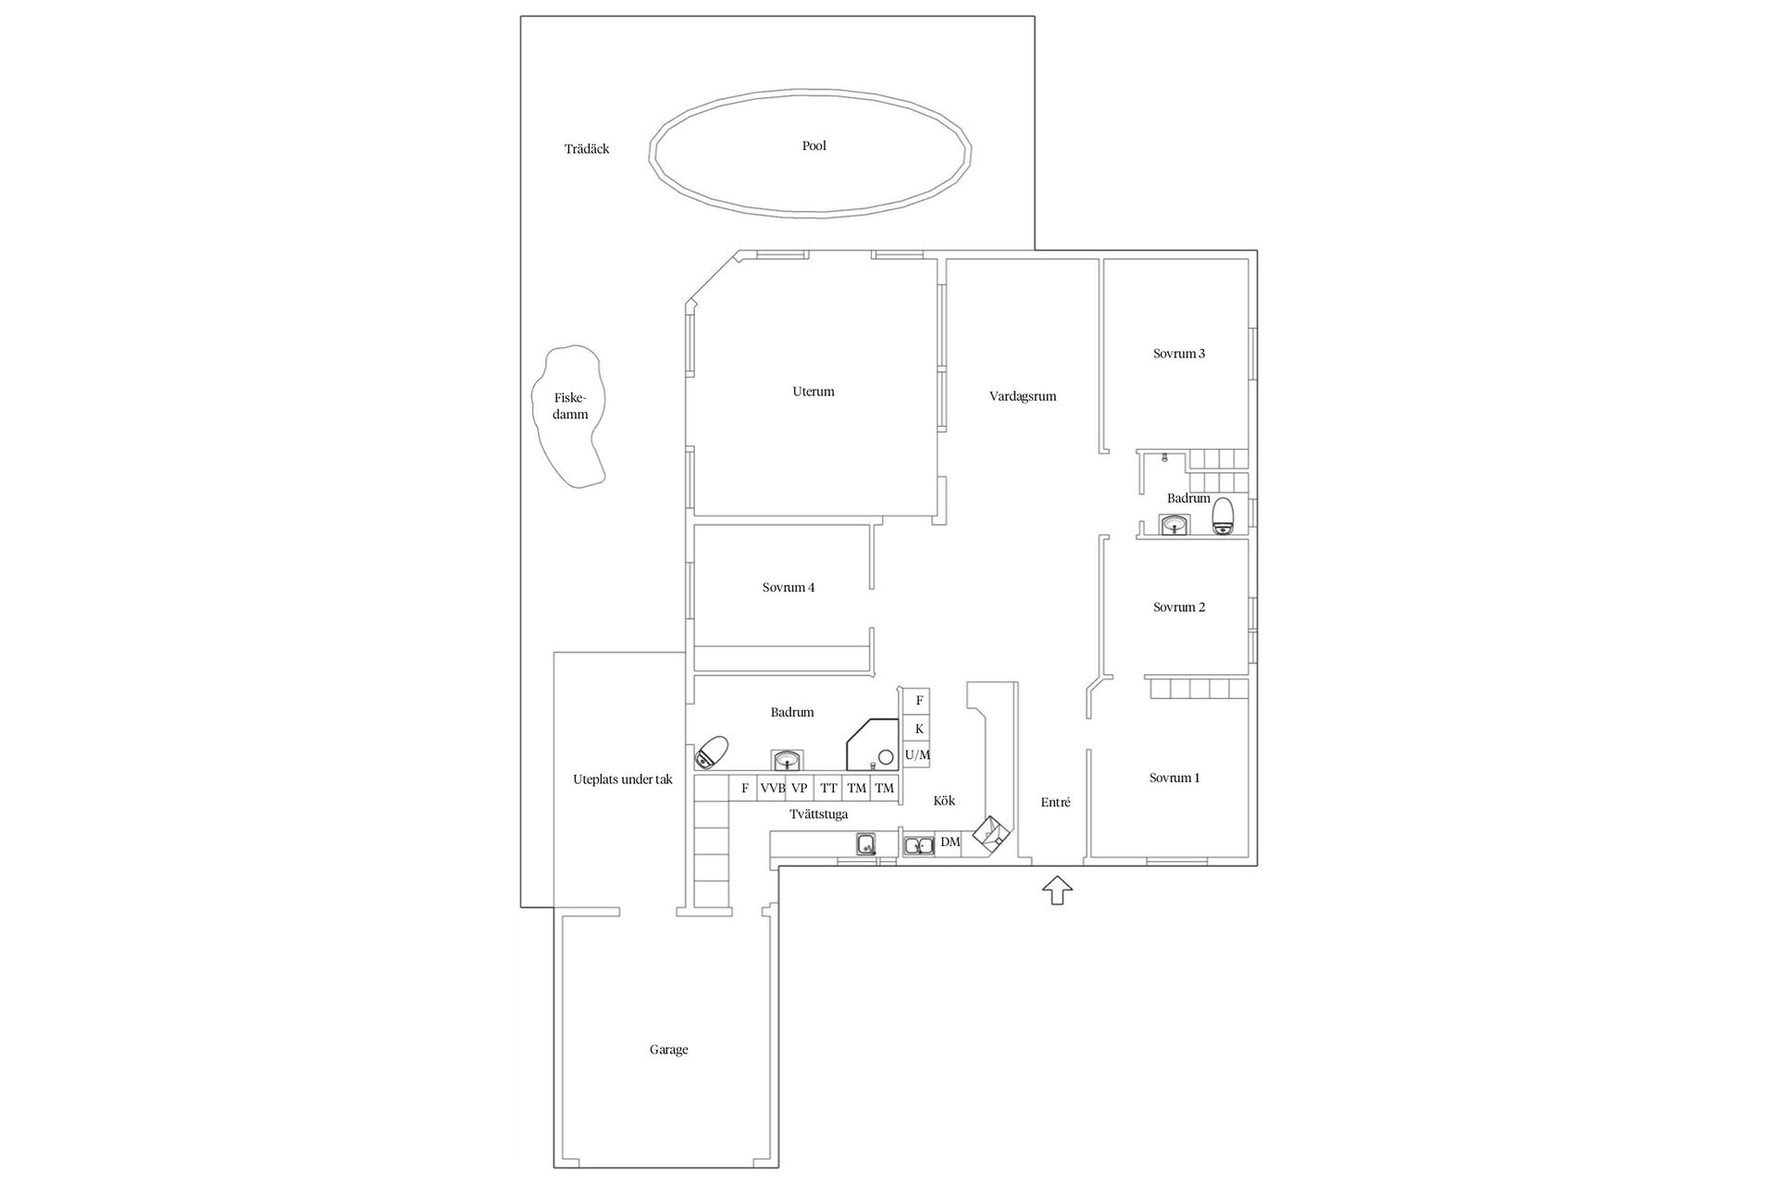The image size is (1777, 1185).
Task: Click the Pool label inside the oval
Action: (x=814, y=146)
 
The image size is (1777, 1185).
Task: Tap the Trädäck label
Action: (x=587, y=149)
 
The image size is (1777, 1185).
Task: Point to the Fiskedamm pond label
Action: (x=570, y=406)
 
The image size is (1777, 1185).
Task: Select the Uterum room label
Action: (x=814, y=392)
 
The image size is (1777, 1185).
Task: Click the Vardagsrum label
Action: (x=1023, y=396)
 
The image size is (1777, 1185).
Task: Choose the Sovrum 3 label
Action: (x=1179, y=354)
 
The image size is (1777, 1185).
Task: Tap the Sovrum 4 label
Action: (x=789, y=588)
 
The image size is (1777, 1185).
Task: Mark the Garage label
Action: (x=668, y=1050)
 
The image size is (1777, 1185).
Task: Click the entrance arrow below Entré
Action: (x=1057, y=890)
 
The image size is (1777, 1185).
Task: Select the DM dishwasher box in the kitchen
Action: (x=950, y=842)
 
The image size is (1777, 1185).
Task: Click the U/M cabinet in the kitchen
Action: (x=917, y=755)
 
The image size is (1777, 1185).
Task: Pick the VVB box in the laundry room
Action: (x=772, y=789)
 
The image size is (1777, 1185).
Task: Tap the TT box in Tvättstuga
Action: (x=828, y=789)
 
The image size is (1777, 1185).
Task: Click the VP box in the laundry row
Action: (x=800, y=789)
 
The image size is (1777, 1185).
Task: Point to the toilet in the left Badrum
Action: (x=712, y=752)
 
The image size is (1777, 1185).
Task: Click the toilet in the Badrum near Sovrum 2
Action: (x=1224, y=517)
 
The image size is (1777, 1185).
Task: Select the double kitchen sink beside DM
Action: (x=918, y=845)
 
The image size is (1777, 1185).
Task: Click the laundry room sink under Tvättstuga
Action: (x=866, y=843)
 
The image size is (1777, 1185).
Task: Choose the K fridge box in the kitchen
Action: (x=918, y=729)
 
